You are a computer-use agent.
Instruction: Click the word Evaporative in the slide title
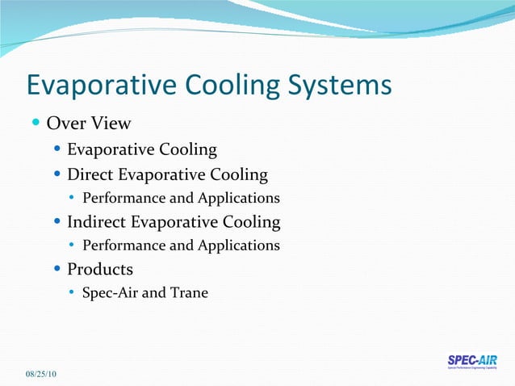tap(94, 86)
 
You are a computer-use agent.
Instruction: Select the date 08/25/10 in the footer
tap(40, 374)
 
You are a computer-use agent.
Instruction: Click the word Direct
tap(90, 174)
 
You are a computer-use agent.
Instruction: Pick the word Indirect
tap(96, 221)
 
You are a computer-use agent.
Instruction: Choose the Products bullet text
tap(100, 269)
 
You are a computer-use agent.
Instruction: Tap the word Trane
tap(189, 292)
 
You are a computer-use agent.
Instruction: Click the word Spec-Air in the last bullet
tap(110, 292)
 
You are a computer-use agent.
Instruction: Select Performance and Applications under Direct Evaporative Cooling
tap(181, 198)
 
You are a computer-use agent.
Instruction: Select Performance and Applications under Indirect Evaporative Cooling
tap(181, 245)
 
